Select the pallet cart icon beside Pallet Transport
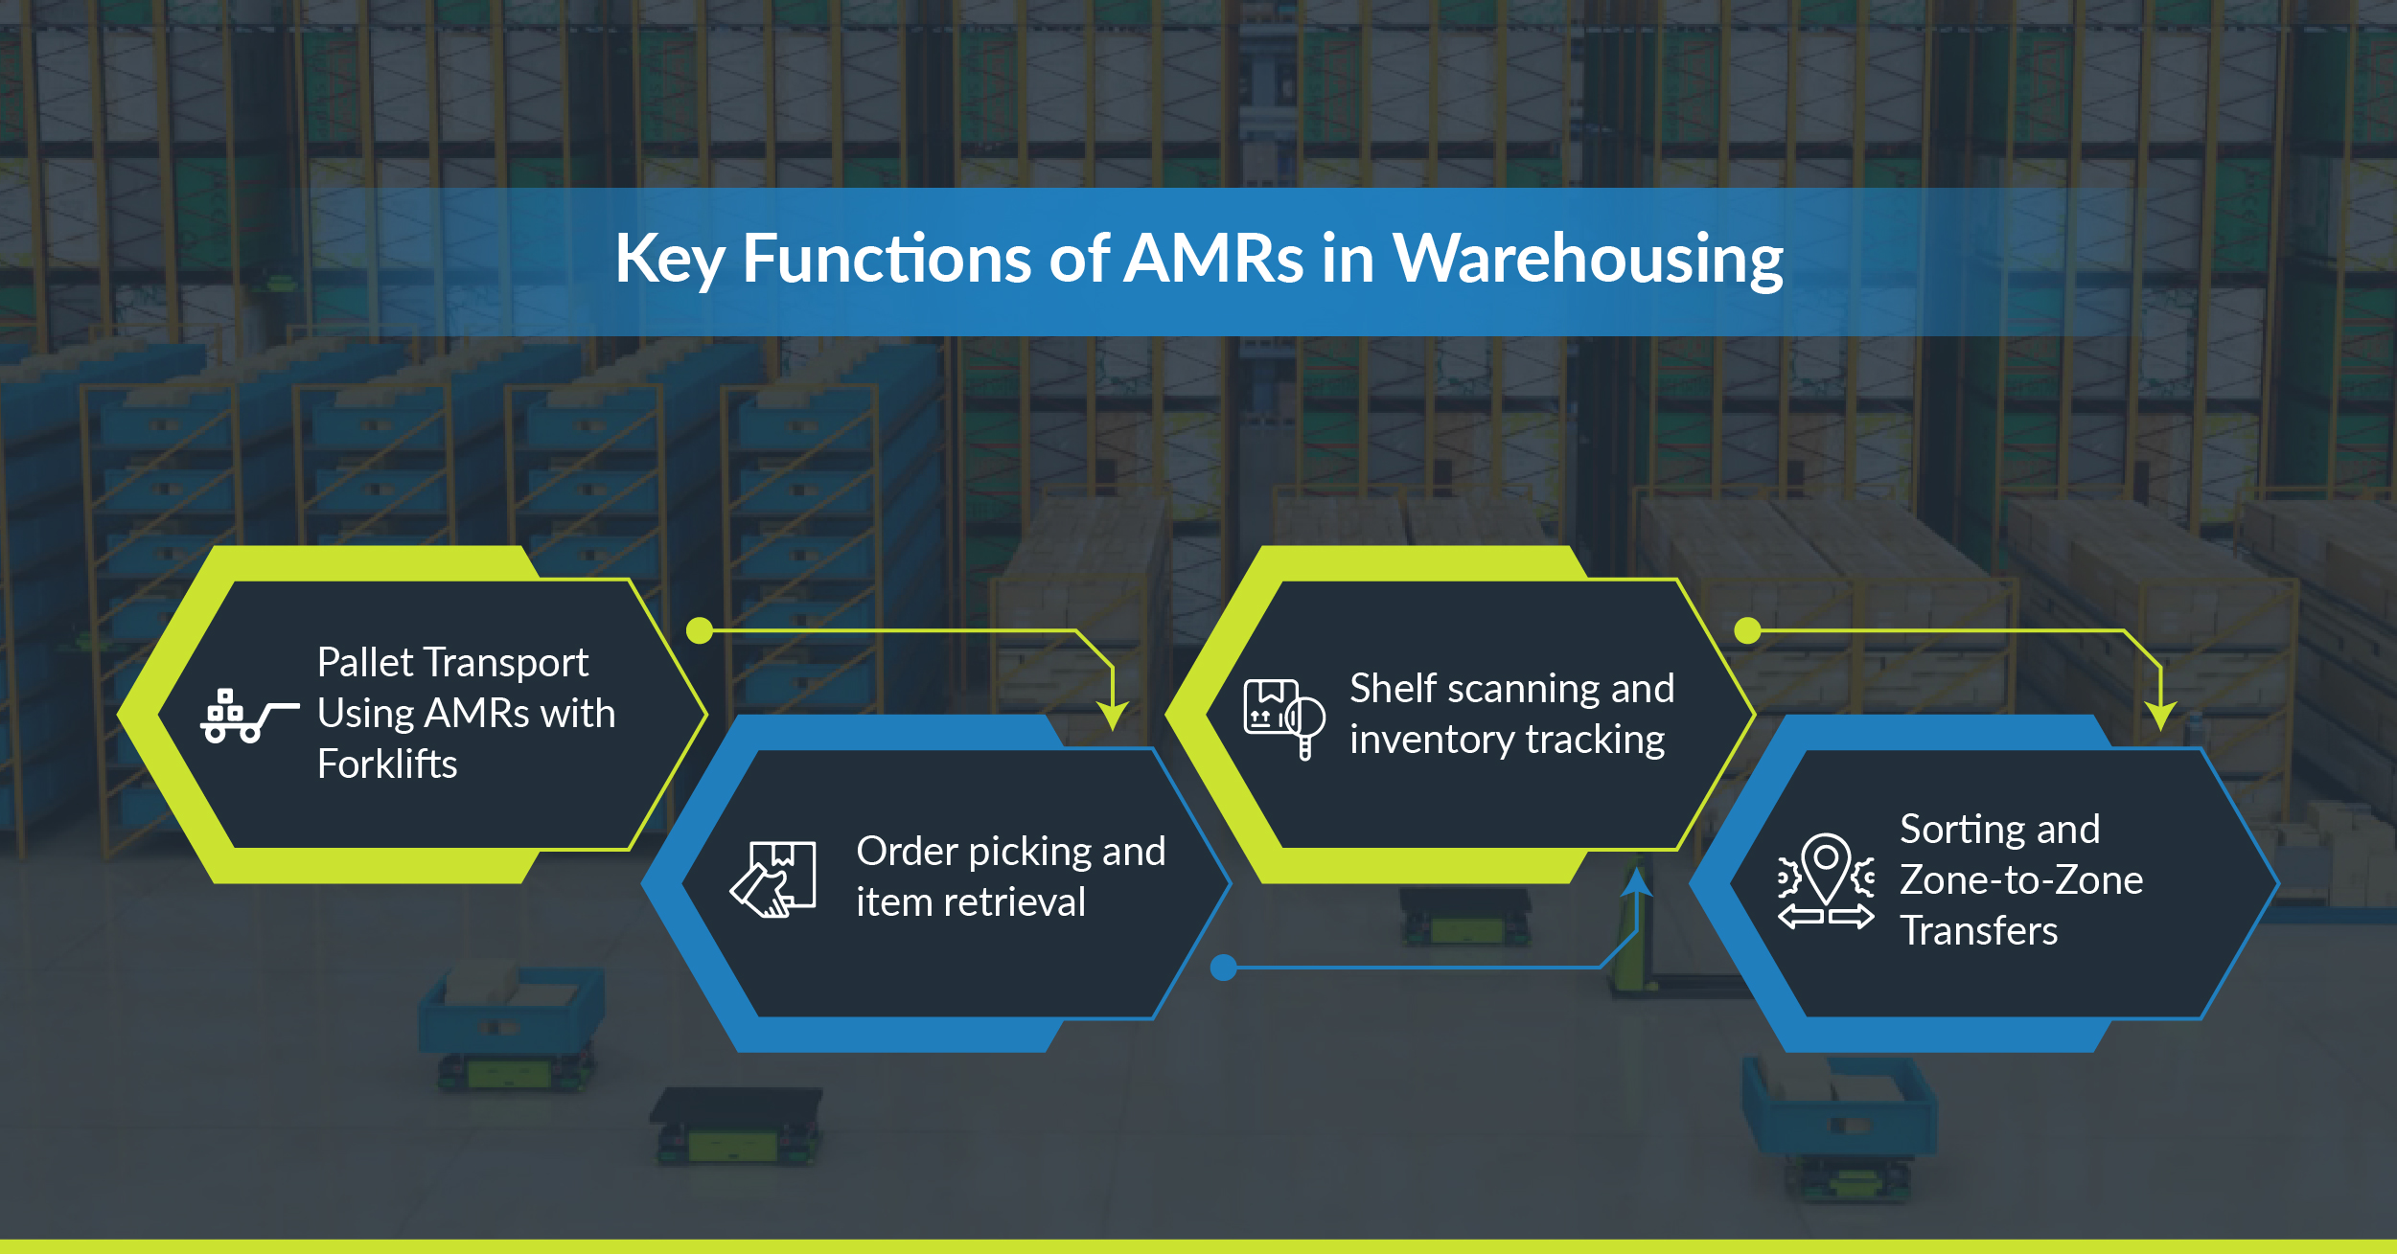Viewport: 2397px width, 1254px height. [x=247, y=717]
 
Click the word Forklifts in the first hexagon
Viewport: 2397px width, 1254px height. [x=387, y=764]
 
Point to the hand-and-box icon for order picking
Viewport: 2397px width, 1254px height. [x=773, y=879]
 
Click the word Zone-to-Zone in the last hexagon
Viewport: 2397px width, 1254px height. [x=2021, y=879]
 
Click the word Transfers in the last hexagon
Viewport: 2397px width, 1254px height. [x=1979, y=931]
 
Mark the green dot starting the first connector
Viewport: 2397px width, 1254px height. [x=700, y=630]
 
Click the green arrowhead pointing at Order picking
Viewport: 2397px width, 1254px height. [x=1113, y=715]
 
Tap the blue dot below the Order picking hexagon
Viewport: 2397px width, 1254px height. [x=1223, y=968]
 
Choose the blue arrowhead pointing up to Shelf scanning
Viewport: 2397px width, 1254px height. [x=1637, y=882]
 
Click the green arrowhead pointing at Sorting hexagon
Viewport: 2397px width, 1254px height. [x=2161, y=715]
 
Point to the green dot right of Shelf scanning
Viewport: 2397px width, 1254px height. [x=1747, y=630]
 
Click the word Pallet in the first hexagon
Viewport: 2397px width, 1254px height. [x=365, y=663]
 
